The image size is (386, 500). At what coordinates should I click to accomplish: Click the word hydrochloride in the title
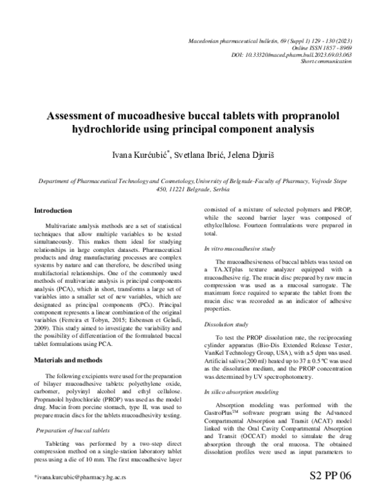(x=107, y=130)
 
